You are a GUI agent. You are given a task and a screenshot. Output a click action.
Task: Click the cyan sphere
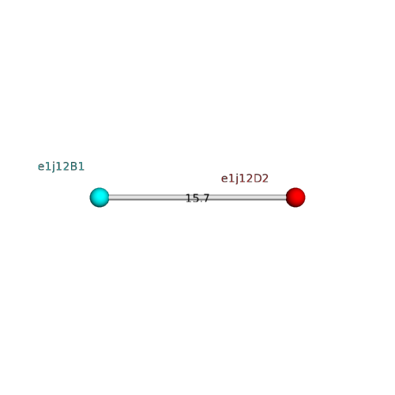click(100, 197)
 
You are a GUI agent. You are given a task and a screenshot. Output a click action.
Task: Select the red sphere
click(295, 197)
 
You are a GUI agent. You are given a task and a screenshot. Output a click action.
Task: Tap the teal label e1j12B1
click(61, 167)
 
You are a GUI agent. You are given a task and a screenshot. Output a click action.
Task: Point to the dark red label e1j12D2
click(245, 179)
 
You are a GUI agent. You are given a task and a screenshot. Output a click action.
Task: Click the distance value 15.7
click(197, 198)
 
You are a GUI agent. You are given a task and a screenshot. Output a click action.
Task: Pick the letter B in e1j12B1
click(73, 167)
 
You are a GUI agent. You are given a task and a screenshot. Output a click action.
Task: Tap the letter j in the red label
click(235, 179)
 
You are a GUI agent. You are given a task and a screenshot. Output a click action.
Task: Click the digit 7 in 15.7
click(205, 198)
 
